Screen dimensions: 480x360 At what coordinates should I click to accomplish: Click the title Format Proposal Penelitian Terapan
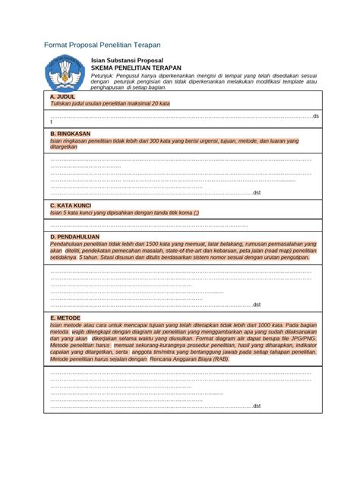pos(102,45)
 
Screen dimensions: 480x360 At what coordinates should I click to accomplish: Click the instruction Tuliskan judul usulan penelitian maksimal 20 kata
pos(110,103)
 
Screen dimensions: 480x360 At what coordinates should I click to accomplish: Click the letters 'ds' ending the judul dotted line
pos(316,116)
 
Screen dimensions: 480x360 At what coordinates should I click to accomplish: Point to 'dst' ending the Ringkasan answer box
pos(257,193)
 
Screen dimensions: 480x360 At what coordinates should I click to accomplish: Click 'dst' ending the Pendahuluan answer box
pos(257,304)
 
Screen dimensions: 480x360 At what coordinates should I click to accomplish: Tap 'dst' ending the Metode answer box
pos(257,406)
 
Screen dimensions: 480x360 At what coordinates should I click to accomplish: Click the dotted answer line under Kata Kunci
pos(149,226)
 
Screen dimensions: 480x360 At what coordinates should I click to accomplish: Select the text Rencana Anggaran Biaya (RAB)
pos(189,358)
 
